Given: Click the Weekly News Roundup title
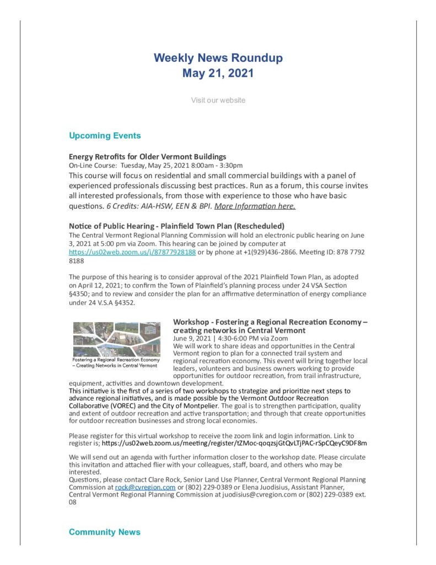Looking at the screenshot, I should point(218,57).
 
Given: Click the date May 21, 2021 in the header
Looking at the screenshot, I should point(218,73).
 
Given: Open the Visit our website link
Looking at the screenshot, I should point(218,100).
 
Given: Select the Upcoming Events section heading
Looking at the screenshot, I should point(105,136).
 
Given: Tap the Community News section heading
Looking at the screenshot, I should point(104,532).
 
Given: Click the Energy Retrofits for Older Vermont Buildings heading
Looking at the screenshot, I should point(147,157).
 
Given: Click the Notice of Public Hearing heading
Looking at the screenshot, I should point(176,226).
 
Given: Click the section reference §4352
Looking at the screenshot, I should point(122,302).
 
